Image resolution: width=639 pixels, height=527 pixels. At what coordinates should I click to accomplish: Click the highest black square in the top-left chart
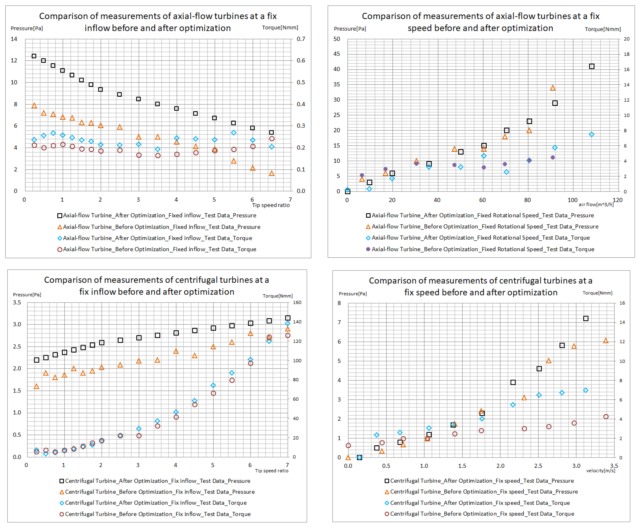[x=34, y=56]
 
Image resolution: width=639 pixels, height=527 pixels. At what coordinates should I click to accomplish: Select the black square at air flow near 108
[x=591, y=66]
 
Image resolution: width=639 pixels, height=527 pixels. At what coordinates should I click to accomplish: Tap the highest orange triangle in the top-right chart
[x=553, y=88]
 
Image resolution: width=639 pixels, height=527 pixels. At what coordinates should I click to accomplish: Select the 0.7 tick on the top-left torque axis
[x=301, y=39]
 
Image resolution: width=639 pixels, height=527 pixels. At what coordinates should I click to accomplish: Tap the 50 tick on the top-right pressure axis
[x=337, y=39]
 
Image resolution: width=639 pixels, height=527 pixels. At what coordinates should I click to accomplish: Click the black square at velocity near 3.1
[x=586, y=318]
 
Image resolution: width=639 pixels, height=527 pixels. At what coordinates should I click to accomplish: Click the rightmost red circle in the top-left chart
[x=272, y=139]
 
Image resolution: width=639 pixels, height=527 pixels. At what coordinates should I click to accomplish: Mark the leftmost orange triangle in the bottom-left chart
[x=36, y=386]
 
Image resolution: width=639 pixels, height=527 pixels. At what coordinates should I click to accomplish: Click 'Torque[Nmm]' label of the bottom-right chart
[x=597, y=293]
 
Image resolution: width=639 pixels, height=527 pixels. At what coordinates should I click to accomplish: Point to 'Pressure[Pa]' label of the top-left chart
[x=27, y=28]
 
